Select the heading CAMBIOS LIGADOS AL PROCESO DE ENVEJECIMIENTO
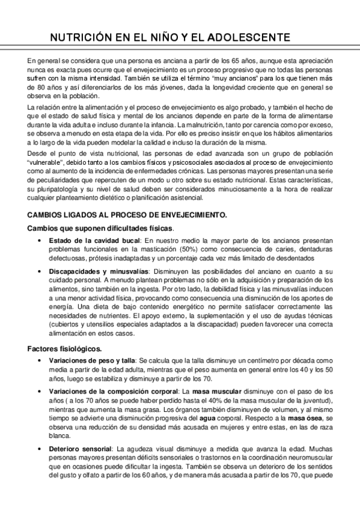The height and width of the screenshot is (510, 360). tap(126, 215)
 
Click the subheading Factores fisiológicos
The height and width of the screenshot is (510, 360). tap(64, 349)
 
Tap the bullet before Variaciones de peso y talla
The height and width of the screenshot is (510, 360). tap(39, 359)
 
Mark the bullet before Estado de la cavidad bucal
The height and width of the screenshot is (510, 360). tap(39, 241)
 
